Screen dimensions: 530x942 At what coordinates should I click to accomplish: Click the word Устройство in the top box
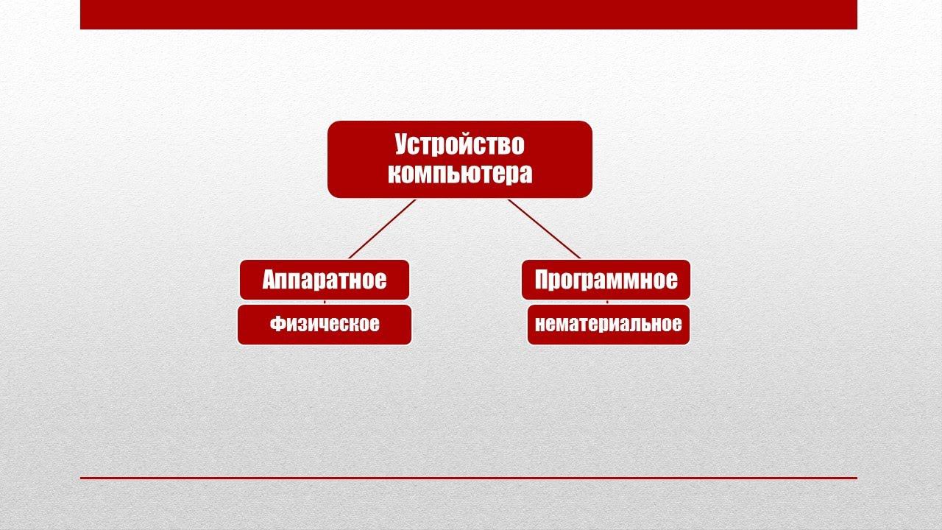459,144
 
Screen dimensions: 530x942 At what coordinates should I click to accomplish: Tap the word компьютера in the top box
459,174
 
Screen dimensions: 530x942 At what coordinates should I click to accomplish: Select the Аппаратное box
324,280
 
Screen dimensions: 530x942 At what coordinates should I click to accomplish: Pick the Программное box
606,280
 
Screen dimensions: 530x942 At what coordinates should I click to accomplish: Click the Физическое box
324,324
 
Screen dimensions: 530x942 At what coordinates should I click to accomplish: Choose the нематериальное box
609,324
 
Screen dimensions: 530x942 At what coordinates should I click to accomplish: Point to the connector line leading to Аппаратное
382,229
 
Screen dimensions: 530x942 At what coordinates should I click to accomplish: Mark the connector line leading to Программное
544,229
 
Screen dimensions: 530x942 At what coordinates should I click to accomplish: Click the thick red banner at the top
468,14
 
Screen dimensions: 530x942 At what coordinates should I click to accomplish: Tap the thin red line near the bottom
468,478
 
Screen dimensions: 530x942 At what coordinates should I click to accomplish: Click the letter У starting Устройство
402,145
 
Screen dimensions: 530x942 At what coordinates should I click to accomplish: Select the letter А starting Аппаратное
269,280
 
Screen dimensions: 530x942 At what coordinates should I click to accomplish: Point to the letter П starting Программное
543,280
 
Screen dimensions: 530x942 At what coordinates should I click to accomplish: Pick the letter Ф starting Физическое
277,324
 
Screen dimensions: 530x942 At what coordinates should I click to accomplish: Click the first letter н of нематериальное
540,325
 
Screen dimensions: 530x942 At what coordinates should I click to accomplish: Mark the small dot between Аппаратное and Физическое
325,302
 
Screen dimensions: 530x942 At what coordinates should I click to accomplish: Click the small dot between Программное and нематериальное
606,302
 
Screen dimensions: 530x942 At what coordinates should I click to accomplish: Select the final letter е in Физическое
375,325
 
